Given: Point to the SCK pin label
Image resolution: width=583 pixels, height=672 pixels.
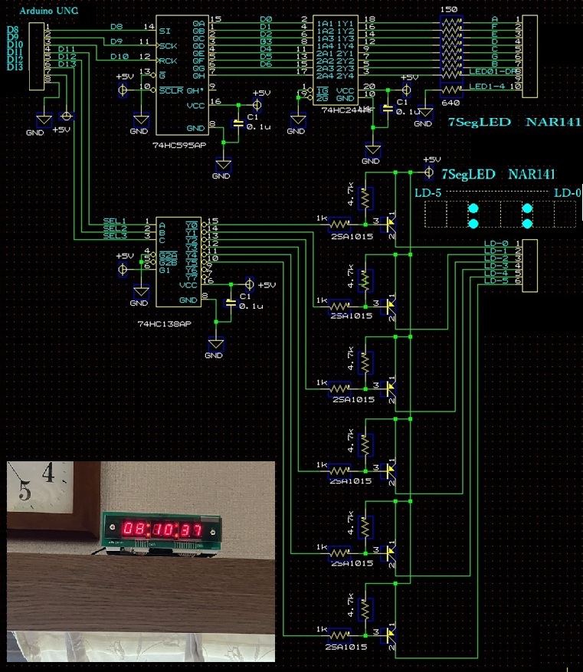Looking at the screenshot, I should [x=169, y=45].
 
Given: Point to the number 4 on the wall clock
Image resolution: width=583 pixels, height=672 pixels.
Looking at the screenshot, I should [x=48, y=474].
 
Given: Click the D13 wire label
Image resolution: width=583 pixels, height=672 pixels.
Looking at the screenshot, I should [x=67, y=64].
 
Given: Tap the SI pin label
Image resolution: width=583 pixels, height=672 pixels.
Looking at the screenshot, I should [x=165, y=31].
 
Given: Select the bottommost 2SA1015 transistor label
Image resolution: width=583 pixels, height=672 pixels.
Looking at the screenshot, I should [x=346, y=647].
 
